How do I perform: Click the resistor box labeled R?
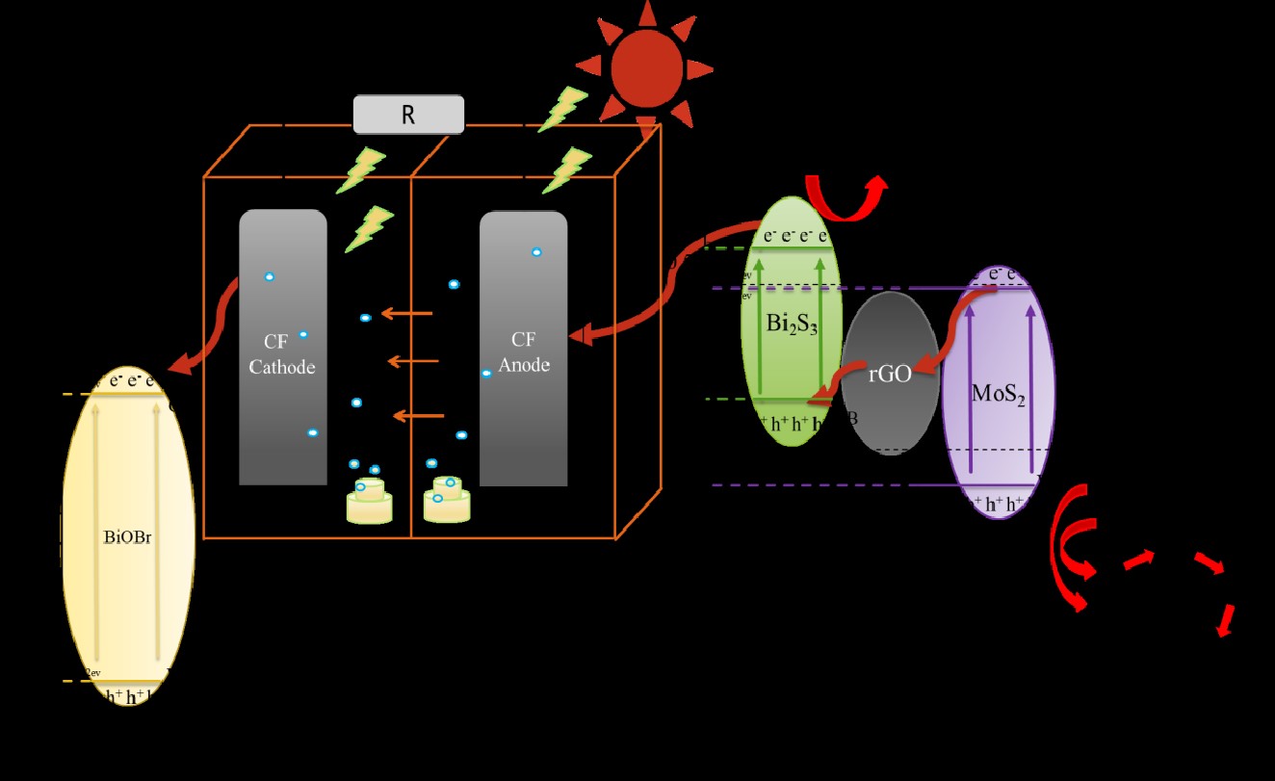point(408,115)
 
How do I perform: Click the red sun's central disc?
point(645,67)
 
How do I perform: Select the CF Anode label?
point(524,351)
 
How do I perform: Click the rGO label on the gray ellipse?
point(889,375)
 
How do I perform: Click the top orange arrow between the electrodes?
point(406,313)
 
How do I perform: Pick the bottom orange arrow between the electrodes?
point(420,416)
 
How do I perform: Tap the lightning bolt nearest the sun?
point(561,109)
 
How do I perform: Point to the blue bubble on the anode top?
point(536,252)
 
